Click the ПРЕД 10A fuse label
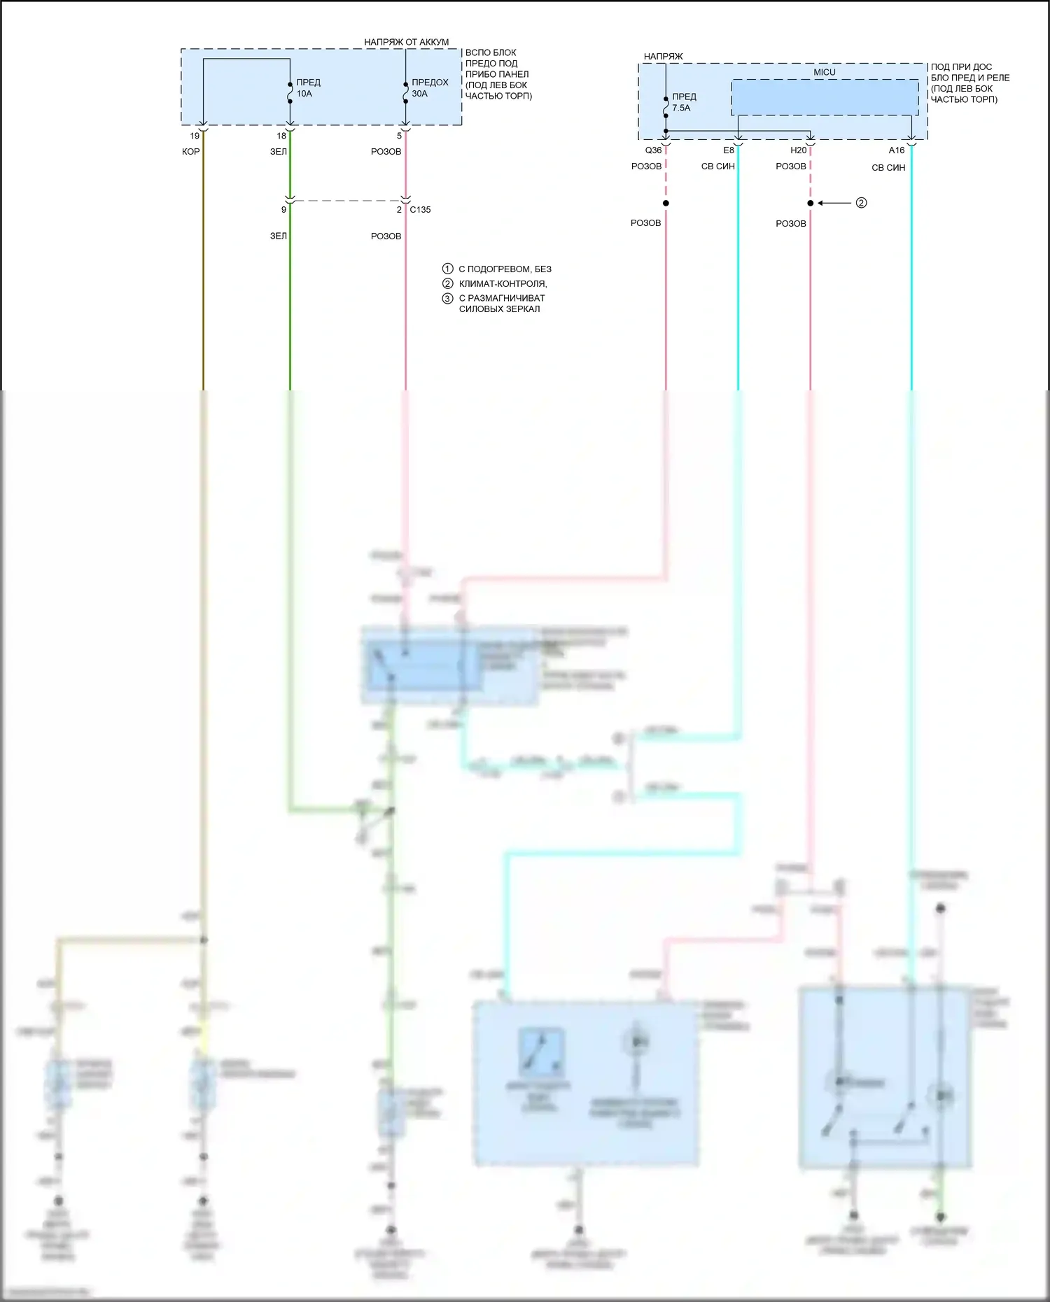click(308, 87)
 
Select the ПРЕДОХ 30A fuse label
click(430, 87)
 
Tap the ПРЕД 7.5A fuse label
click(683, 102)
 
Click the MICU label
click(824, 72)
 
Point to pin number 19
click(195, 136)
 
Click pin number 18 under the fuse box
click(281, 136)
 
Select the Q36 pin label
click(652, 150)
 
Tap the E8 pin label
click(729, 150)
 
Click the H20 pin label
click(798, 150)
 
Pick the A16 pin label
click(896, 150)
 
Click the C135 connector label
click(420, 209)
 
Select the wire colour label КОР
click(190, 152)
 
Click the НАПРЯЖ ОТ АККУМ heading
click(406, 42)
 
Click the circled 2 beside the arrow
click(861, 203)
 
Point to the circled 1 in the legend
click(447, 269)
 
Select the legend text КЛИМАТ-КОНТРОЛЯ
click(503, 283)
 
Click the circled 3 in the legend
click(447, 299)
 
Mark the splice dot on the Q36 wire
click(666, 203)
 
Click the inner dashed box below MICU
click(825, 97)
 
